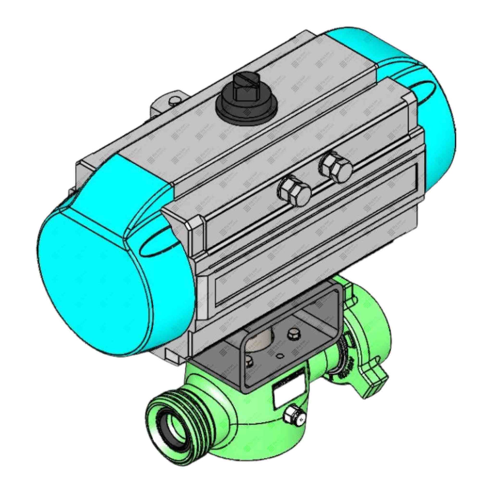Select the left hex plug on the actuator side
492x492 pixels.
click(x=294, y=191)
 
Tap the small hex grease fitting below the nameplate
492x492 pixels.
click(x=293, y=417)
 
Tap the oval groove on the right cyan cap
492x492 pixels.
click(x=422, y=88)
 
